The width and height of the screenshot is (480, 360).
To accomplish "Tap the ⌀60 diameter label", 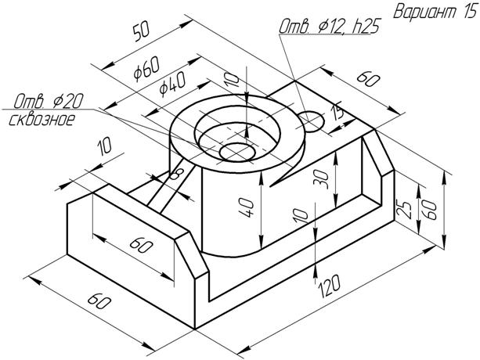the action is coord(147,69).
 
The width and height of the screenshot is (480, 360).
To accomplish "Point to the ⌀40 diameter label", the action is coord(172,85).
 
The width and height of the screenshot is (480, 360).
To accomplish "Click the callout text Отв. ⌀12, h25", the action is coord(329,26).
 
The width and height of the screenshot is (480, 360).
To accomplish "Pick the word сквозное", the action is coord(42,120).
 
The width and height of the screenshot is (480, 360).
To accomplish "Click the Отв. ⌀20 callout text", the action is coord(49,101).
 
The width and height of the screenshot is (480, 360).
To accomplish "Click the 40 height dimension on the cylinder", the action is coord(247,207).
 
